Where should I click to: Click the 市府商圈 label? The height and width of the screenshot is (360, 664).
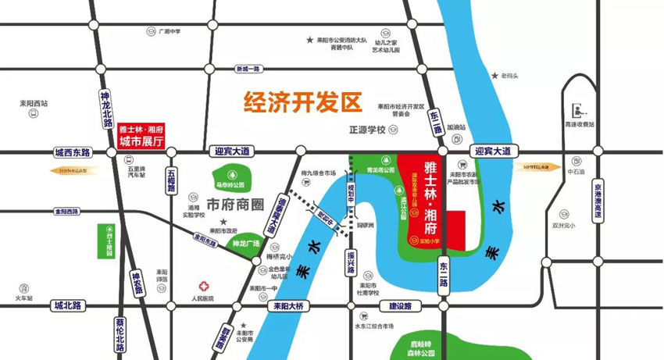coord(237,205)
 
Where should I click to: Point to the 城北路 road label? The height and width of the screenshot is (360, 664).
coord(68,305)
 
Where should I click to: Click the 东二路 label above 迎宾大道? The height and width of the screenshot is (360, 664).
coord(435,124)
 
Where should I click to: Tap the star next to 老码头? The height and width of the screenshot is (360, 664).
coord(494,76)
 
